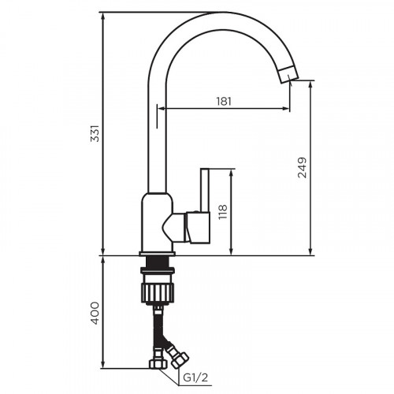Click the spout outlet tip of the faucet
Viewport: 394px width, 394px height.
(x=290, y=76)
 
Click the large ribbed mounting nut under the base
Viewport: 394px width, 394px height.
(x=157, y=288)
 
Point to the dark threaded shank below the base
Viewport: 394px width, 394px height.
(x=157, y=265)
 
